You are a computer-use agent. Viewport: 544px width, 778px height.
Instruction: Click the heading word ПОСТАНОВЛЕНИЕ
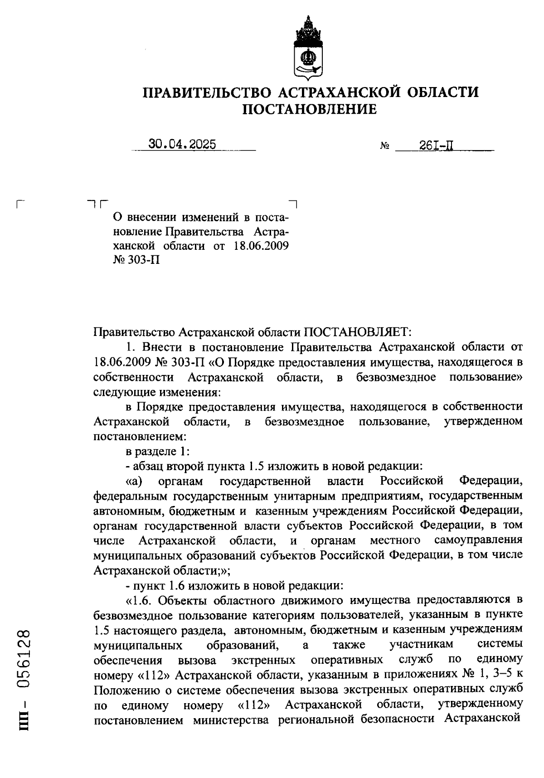310,109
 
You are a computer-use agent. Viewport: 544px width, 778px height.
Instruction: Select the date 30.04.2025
182,144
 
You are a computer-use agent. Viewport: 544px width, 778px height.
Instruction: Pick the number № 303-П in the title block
137,261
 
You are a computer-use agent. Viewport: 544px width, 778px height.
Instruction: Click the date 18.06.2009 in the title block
262,246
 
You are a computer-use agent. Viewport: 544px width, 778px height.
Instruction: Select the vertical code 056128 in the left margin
24,658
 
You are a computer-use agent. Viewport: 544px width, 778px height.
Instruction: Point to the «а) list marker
134,481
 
